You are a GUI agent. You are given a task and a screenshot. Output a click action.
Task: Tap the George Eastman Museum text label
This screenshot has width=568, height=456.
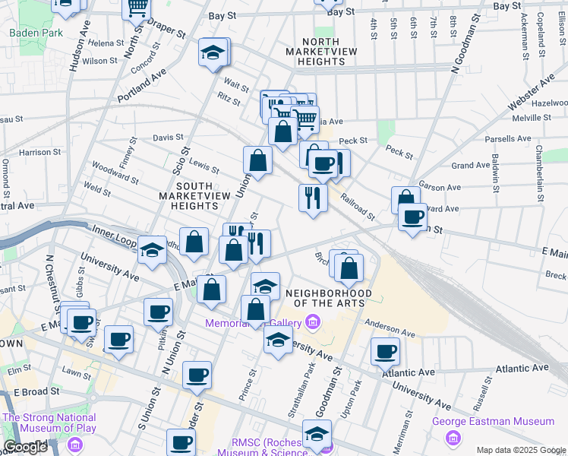pos(493,422)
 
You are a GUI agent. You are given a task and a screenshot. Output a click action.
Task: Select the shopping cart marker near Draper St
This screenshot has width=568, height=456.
pos(137,8)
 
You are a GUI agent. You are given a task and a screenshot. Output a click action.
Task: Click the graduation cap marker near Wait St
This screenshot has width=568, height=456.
pos(213,53)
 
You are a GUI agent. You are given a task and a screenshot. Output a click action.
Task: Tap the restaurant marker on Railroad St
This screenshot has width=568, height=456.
pos(313,198)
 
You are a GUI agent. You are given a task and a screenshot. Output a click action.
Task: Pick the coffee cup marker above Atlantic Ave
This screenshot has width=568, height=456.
pos(385,351)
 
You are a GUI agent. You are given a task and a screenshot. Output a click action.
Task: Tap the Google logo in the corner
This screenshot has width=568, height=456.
pos(25,447)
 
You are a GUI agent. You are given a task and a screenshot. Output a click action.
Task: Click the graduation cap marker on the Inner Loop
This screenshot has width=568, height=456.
pos(153,250)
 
